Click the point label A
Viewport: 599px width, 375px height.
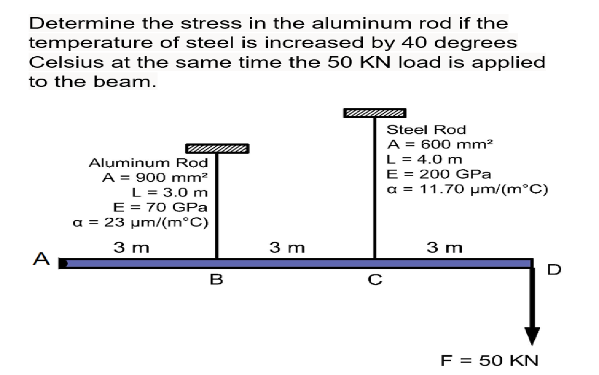point(40,258)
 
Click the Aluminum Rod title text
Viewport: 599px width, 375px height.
point(148,162)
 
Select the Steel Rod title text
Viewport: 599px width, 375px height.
point(427,129)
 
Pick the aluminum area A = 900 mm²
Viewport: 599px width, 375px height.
point(155,177)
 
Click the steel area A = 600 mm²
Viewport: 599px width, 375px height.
point(440,144)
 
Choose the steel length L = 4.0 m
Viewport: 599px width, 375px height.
point(425,159)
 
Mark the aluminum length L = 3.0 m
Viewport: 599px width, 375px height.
point(171,192)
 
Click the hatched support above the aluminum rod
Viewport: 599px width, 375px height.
point(217,149)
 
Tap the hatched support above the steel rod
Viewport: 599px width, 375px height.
point(374,113)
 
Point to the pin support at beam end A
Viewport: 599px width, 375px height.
point(61,264)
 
